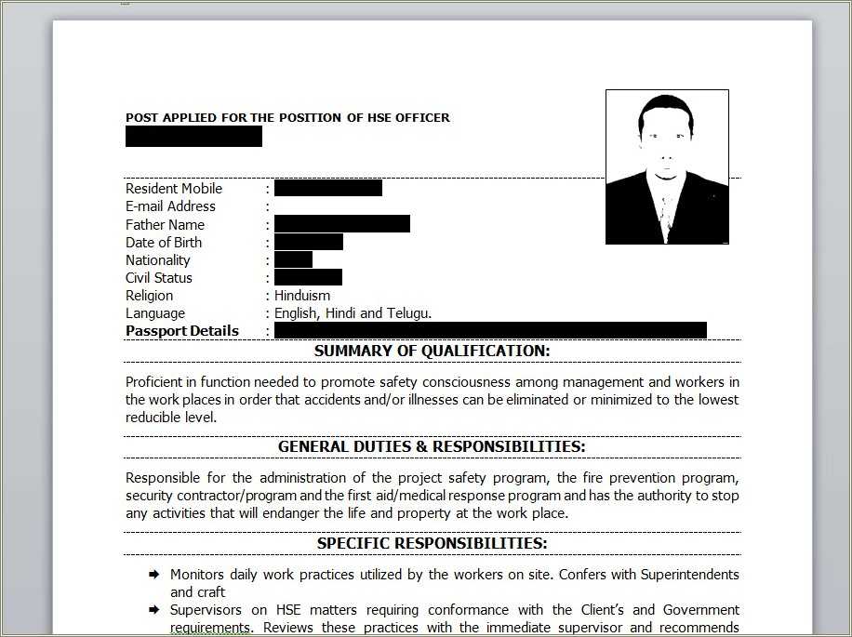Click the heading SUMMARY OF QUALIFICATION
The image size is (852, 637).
coord(432,351)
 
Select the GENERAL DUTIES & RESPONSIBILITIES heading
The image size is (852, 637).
coord(432,446)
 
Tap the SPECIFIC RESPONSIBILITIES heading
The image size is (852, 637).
coord(432,543)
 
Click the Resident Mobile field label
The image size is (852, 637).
coord(174,188)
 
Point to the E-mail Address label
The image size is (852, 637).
coord(170,206)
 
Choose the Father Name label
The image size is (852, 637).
coord(165,224)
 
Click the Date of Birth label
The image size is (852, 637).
coord(164,242)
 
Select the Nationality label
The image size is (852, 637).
coord(158,260)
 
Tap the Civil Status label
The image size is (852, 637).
coord(159,278)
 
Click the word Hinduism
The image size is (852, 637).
coord(302,296)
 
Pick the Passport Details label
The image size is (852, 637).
coord(182,331)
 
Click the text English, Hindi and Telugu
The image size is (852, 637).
coord(353,313)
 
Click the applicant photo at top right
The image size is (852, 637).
coord(667,167)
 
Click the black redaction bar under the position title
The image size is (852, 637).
coord(193,137)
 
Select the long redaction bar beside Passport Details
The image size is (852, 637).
coord(490,330)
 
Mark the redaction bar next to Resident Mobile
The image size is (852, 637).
coord(328,188)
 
